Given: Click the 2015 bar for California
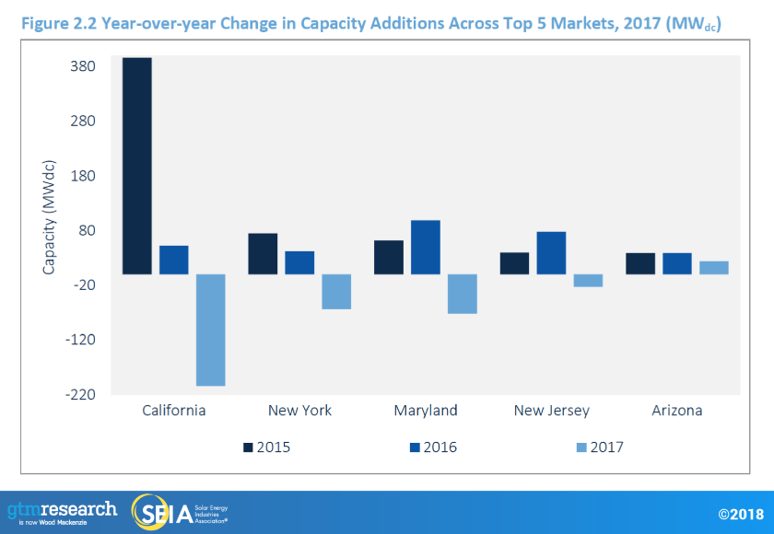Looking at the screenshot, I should click(x=137, y=166).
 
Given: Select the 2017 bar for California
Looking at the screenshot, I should click(x=211, y=330).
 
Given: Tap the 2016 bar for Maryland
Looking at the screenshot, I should click(x=426, y=247).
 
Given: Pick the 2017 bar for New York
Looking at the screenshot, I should click(x=336, y=291).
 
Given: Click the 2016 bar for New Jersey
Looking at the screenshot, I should click(x=551, y=252).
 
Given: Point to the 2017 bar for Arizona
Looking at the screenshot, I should click(x=714, y=267).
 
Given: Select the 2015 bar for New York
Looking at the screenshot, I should click(x=263, y=253).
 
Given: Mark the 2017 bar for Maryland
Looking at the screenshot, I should click(x=463, y=294).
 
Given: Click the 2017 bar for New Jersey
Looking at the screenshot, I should click(x=588, y=280).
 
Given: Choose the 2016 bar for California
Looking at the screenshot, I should click(x=174, y=260).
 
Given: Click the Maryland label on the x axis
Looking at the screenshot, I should click(x=425, y=411).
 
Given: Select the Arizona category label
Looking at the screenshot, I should click(x=676, y=411).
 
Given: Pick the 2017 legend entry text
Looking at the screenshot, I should click(x=607, y=447).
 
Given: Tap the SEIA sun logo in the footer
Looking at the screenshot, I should click(x=150, y=512).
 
